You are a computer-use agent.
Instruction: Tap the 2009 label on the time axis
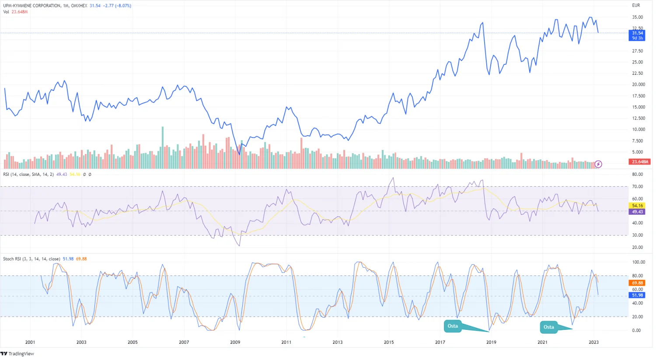pyautogui.click(x=235, y=342)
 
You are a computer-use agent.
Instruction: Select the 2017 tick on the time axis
pyautogui.click(x=440, y=342)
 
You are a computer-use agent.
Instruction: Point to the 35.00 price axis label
pyautogui.click(x=637, y=17)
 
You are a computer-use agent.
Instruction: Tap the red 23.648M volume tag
pyautogui.click(x=640, y=162)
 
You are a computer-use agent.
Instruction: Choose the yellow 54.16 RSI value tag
pyautogui.click(x=637, y=206)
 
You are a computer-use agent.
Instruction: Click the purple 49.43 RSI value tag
pyautogui.click(x=637, y=212)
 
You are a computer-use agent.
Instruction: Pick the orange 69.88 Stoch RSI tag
pyautogui.click(x=637, y=283)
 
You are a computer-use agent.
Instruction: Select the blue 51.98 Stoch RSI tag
pyautogui.click(x=637, y=295)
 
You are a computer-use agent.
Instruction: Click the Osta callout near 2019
pyautogui.click(x=453, y=326)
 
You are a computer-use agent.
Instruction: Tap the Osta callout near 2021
pyautogui.click(x=548, y=327)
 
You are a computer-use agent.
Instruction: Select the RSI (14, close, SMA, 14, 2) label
pyautogui.click(x=28, y=175)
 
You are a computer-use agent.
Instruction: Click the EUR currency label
pyautogui.click(x=636, y=6)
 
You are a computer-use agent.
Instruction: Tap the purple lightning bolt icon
pyautogui.click(x=598, y=164)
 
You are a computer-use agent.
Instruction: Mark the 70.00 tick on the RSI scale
pyautogui.click(x=637, y=187)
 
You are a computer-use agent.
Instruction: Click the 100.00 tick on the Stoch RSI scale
pyautogui.click(x=639, y=262)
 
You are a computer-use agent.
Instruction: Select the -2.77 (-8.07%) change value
pyautogui.click(x=117, y=6)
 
